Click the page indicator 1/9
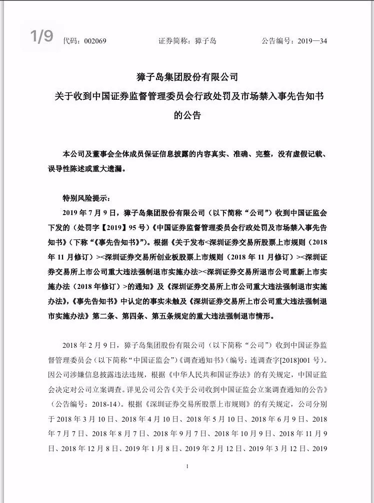(41, 36)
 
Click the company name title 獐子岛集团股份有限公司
(186, 77)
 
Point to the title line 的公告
(186, 116)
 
